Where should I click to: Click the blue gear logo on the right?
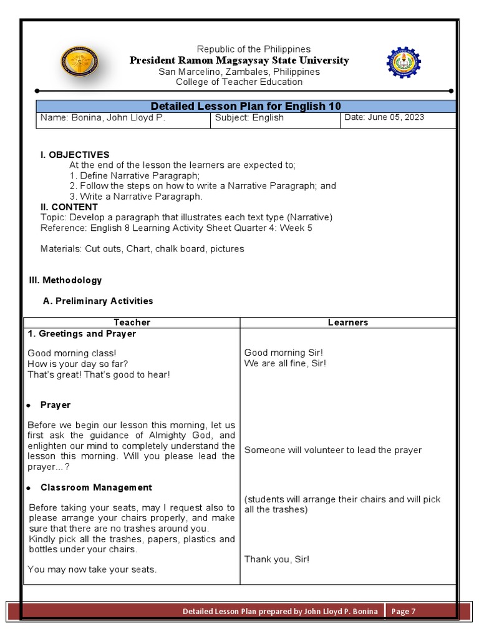404,63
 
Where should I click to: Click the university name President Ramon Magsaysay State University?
239,61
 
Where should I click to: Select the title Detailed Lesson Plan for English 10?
246,106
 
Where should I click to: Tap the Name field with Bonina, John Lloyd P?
103,118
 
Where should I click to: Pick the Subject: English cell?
249,118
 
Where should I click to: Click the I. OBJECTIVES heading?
74,155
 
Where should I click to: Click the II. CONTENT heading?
69,207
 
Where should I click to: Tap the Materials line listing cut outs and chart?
142,249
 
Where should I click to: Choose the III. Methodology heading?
65,281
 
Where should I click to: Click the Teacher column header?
132,323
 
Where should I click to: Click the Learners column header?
347,323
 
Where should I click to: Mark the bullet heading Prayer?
56,405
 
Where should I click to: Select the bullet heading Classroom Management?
96,487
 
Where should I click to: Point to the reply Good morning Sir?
284,353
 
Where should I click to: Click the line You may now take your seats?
92,569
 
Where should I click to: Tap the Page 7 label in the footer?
404,612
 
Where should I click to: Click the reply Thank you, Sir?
276,559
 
